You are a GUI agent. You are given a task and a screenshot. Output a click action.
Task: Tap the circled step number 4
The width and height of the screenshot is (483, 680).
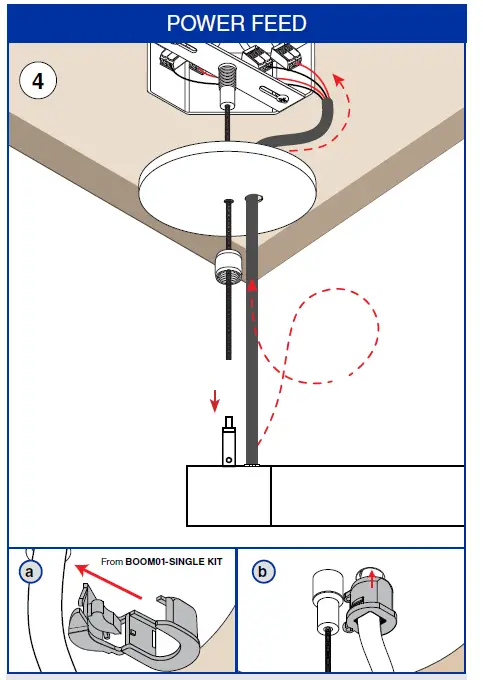(38, 80)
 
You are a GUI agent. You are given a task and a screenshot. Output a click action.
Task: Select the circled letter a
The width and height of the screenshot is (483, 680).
(30, 572)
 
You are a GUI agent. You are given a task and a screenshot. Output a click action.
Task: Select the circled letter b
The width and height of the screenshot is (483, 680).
(262, 572)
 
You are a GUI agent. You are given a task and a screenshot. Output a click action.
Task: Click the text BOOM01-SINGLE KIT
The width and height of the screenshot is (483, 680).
(176, 563)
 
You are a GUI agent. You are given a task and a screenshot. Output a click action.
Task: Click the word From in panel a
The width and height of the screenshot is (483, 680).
(112, 563)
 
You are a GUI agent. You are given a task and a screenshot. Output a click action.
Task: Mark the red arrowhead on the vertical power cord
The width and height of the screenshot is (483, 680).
(253, 287)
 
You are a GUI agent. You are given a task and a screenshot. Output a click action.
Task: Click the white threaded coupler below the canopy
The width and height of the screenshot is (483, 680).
(230, 268)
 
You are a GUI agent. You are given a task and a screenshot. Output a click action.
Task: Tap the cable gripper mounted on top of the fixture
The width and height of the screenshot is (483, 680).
(230, 440)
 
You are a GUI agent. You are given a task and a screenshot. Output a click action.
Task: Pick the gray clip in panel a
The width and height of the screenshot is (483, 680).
(130, 630)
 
